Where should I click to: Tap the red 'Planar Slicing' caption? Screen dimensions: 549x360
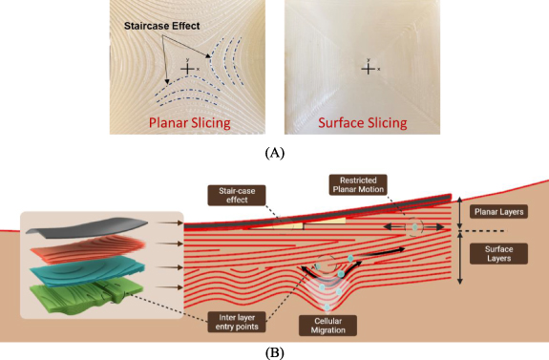click(x=196, y=122)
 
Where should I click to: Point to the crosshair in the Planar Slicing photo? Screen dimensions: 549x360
click(x=189, y=69)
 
